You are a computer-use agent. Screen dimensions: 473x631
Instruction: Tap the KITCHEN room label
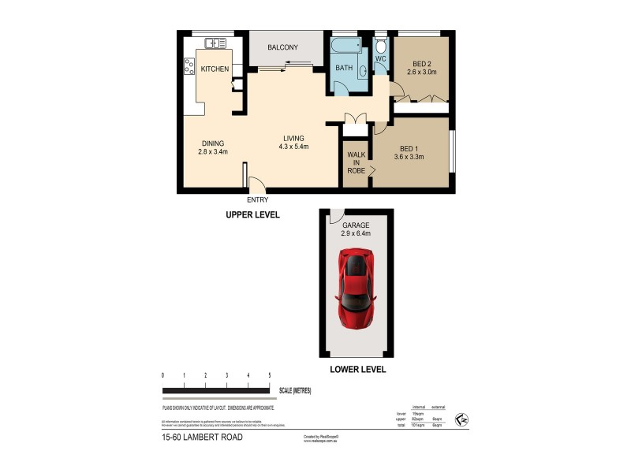coord(215,69)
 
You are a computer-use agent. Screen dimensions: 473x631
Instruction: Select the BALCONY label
coord(282,48)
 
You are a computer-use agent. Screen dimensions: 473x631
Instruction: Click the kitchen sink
coord(214,43)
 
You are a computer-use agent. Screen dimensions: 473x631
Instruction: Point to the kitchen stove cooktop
coord(189,66)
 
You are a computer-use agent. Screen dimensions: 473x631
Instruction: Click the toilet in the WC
coord(380,46)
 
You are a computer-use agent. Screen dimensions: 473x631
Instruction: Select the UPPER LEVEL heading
coord(253,214)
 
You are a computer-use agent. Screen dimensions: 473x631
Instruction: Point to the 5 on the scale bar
coord(269,375)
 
